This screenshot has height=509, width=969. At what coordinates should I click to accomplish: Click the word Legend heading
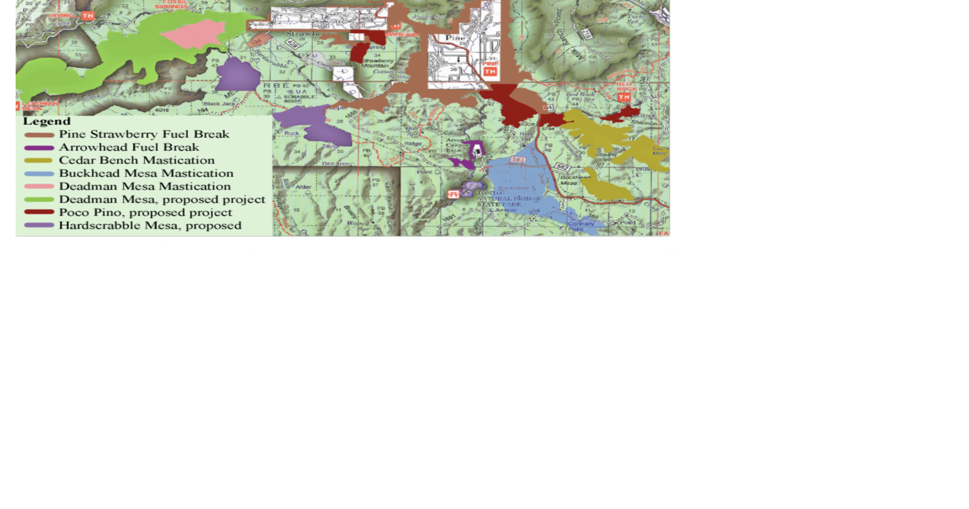click(46, 121)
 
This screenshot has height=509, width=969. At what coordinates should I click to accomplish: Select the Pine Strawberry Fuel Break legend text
click(144, 134)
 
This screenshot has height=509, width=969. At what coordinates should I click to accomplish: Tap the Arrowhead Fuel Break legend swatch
click(39, 148)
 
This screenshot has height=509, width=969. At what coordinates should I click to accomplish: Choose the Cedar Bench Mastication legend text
click(136, 160)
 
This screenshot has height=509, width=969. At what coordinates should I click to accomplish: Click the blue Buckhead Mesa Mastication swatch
click(39, 174)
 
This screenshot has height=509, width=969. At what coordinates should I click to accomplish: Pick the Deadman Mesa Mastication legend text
click(144, 186)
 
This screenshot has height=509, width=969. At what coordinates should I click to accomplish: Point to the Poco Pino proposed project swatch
click(39, 212)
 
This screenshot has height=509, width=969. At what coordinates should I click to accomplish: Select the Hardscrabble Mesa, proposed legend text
click(150, 226)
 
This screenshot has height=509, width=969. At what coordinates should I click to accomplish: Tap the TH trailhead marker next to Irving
click(88, 16)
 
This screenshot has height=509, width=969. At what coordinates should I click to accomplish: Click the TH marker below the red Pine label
click(490, 71)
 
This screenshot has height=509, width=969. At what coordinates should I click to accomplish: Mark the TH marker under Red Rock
click(624, 97)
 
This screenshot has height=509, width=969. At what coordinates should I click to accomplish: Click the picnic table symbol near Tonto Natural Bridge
click(453, 194)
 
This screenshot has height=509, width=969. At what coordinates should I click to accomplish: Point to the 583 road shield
click(518, 160)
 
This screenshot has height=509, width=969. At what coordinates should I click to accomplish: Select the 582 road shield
click(562, 167)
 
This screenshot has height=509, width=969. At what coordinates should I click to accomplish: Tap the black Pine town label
click(455, 38)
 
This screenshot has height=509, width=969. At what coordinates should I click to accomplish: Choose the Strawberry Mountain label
click(378, 63)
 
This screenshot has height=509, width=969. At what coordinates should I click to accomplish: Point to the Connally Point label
click(581, 226)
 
